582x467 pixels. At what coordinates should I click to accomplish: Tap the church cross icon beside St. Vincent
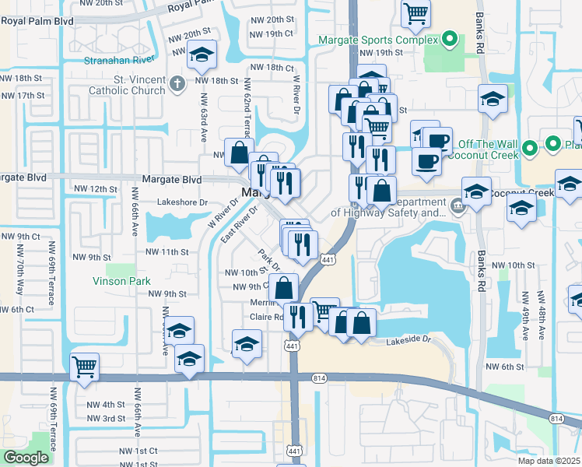(x=177, y=83)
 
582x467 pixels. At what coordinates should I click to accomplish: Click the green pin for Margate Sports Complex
(x=449, y=40)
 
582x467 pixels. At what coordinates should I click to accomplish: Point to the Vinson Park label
(x=120, y=280)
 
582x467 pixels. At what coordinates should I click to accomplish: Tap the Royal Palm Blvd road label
(x=37, y=21)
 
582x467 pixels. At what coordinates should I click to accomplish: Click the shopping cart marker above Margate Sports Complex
(x=415, y=13)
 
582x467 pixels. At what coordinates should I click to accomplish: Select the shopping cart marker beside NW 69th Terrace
(x=84, y=366)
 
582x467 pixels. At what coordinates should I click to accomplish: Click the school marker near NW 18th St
(x=202, y=54)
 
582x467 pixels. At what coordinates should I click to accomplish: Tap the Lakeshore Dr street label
(x=183, y=202)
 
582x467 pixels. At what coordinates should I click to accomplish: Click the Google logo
(x=26, y=458)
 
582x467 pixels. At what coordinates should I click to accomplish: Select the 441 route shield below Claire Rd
(x=293, y=346)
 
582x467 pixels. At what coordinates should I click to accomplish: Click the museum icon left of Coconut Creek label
(x=458, y=207)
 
